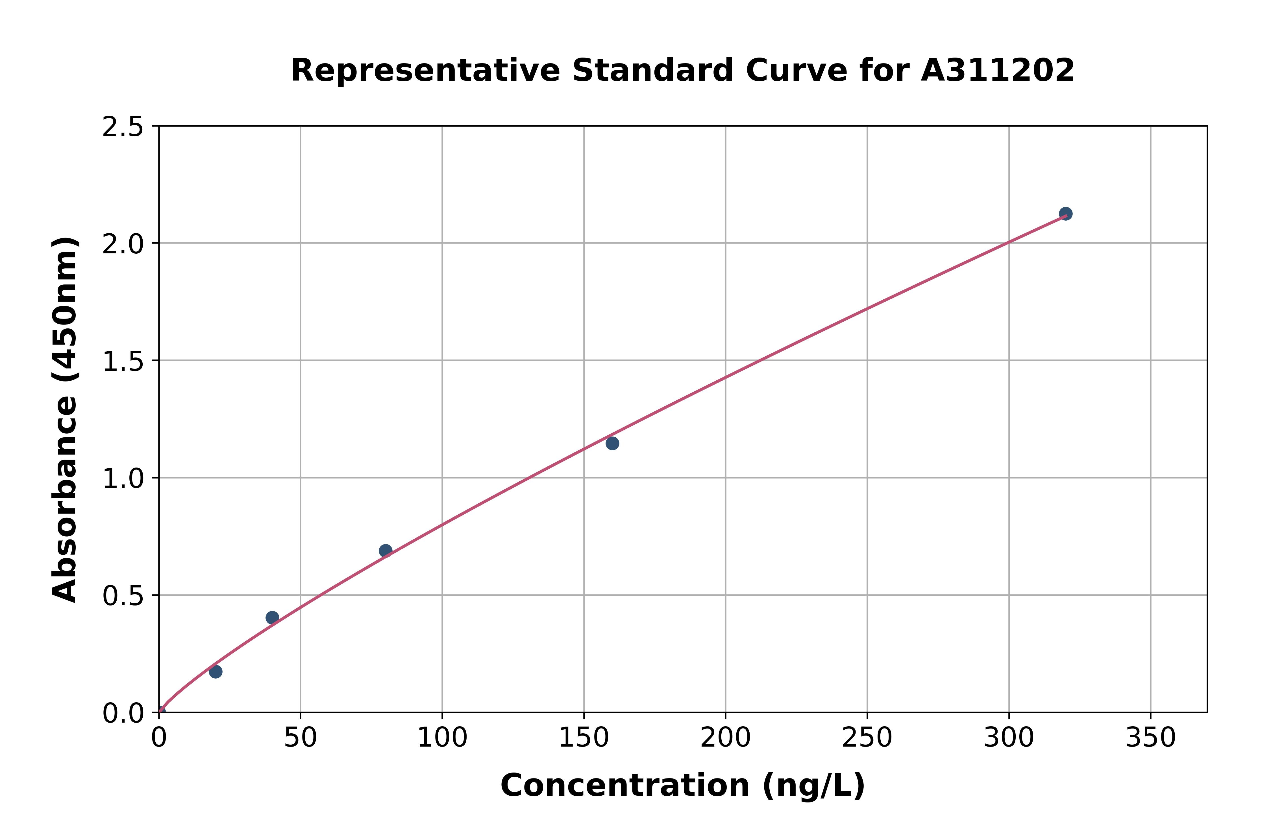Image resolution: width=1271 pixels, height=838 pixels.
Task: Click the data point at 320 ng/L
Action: pyautogui.click(x=1065, y=214)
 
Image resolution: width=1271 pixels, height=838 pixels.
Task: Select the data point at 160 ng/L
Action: pyautogui.click(x=612, y=443)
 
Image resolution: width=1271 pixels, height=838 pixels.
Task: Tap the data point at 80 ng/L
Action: pyautogui.click(x=385, y=550)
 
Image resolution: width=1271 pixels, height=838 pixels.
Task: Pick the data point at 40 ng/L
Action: pyautogui.click(x=272, y=618)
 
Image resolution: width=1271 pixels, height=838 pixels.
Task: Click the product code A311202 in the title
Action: pyautogui.click(x=997, y=71)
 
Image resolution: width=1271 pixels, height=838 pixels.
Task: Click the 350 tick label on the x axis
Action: pyautogui.click(x=1150, y=738)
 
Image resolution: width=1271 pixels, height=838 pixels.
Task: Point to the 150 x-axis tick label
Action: pyautogui.click(x=584, y=738)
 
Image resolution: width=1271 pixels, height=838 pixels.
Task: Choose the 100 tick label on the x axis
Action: pyautogui.click(x=442, y=738)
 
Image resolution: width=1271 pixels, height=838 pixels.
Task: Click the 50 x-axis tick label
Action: pyautogui.click(x=300, y=738)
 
